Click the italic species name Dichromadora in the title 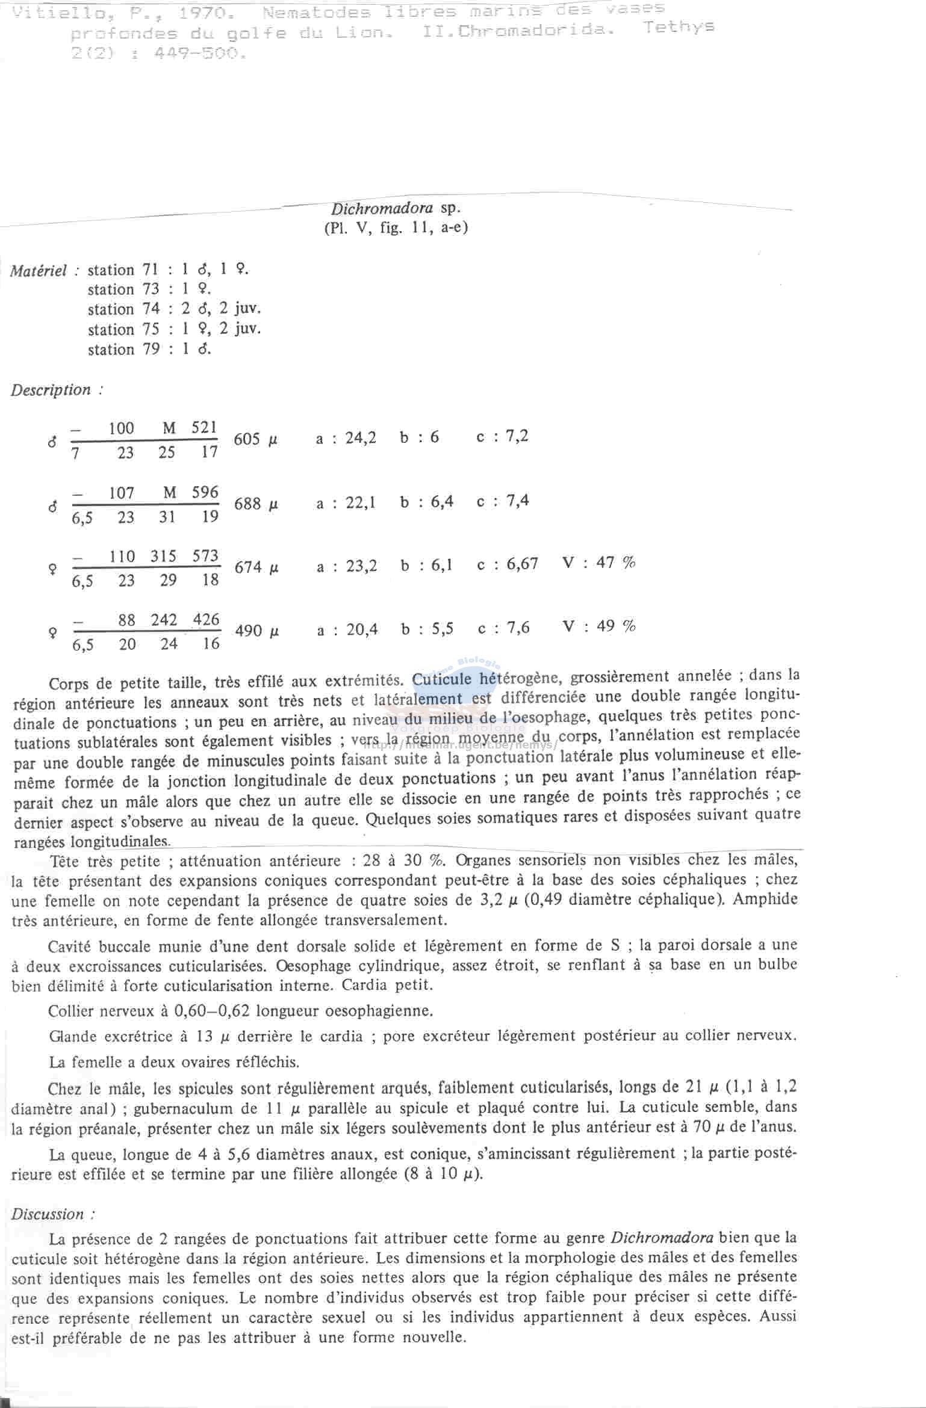click(x=381, y=209)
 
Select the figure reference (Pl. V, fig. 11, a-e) click(x=396, y=228)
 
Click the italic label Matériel click(x=39, y=271)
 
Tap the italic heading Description click(x=51, y=390)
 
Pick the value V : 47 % click(x=598, y=563)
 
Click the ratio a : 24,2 click(x=346, y=438)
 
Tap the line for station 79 click(x=149, y=349)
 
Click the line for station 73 click(x=149, y=289)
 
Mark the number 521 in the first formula click(x=204, y=428)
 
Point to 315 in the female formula click(x=163, y=557)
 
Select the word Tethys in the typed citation click(x=678, y=27)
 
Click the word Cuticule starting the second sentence click(x=442, y=679)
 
